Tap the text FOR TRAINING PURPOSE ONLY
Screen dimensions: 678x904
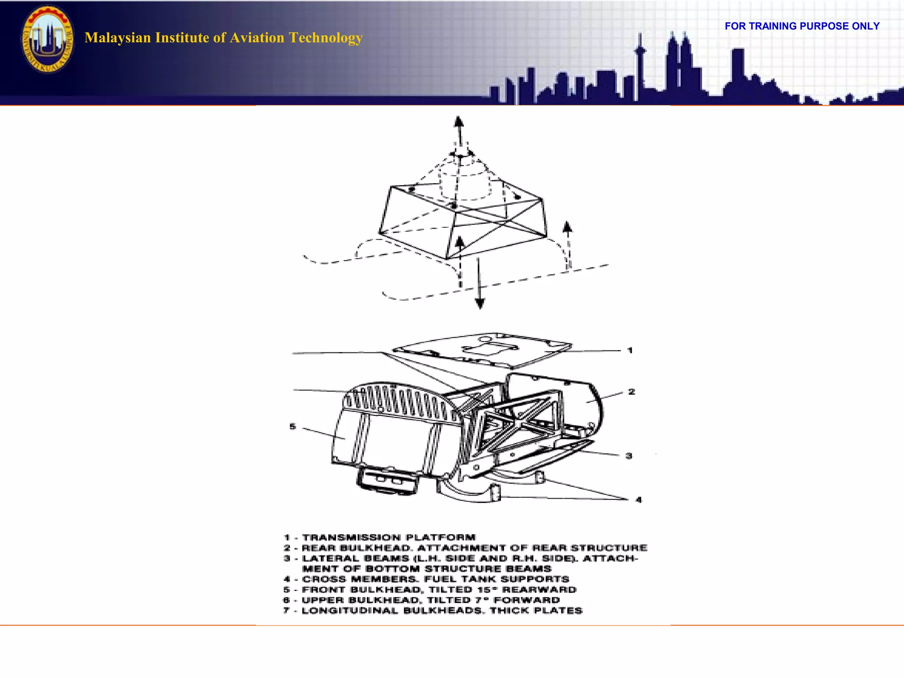click(802, 26)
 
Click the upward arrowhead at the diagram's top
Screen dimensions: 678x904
click(459, 121)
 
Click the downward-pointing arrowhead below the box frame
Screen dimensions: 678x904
click(480, 303)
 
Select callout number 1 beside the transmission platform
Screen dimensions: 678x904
click(630, 350)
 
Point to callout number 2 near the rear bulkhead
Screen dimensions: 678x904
click(632, 392)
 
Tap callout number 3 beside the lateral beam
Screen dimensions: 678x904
click(629, 456)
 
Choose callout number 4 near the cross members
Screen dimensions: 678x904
click(638, 500)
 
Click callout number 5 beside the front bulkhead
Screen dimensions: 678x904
click(293, 426)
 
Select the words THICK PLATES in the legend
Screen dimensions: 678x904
click(536, 611)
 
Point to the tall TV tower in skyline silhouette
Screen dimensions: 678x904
click(640, 62)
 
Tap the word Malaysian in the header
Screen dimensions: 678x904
click(117, 38)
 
